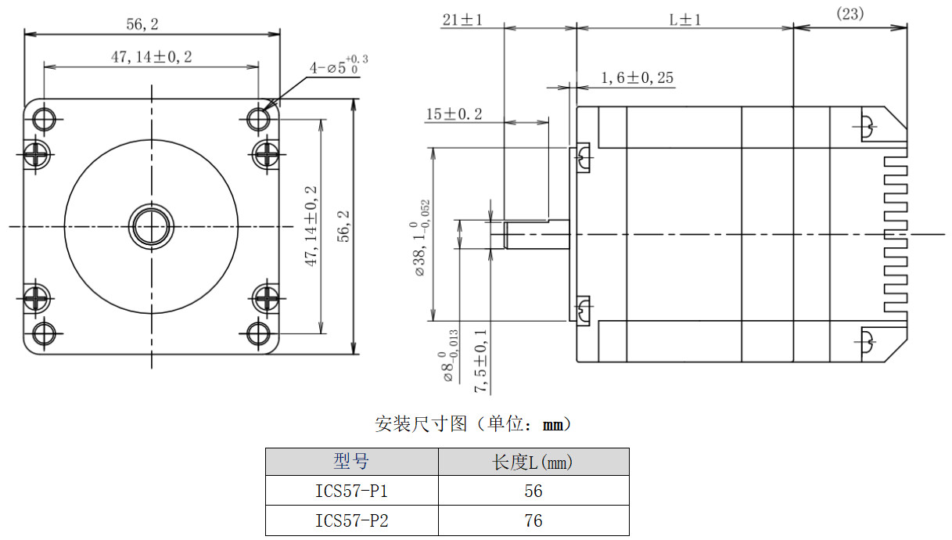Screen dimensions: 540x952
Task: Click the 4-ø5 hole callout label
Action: point(338,66)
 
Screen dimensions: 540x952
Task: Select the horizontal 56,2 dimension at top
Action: point(142,24)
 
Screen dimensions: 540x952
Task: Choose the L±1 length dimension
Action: point(684,20)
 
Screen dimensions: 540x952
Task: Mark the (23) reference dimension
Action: point(850,14)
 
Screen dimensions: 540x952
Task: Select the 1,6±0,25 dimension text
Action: point(637,77)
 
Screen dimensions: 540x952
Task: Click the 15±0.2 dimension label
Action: point(454,114)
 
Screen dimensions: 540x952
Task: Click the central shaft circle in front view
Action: point(152,226)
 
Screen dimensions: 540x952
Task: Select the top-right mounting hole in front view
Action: point(259,118)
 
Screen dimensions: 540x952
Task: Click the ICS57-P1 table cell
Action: point(351,491)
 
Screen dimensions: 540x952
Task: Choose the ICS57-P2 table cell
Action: point(351,520)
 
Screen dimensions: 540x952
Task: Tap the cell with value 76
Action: point(533,520)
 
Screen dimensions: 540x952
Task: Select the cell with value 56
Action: point(533,491)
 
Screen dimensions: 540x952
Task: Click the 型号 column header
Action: point(351,462)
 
